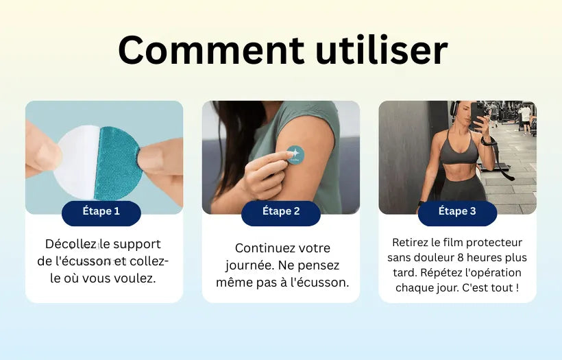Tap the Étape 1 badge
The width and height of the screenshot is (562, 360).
(x=101, y=212)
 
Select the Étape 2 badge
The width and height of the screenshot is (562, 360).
(x=281, y=212)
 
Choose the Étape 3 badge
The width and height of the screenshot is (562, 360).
(x=457, y=212)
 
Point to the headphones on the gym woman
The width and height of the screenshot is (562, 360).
(x=453, y=110)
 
